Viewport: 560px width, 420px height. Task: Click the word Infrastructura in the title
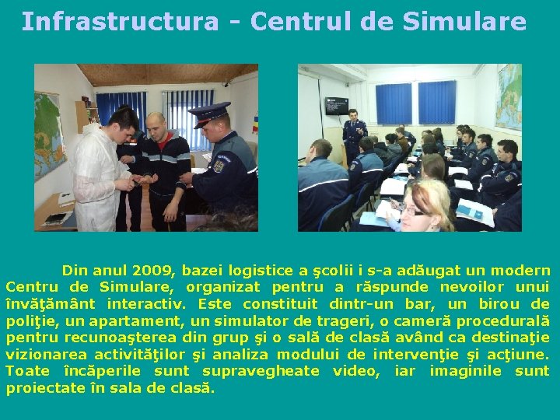tap(120, 22)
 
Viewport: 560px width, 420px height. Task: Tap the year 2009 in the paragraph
tap(152, 271)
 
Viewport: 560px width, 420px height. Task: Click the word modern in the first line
tap(520, 271)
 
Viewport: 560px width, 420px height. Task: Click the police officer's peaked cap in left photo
tap(209, 111)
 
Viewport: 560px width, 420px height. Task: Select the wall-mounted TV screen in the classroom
tap(336, 105)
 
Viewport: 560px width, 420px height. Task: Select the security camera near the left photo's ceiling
tap(226, 82)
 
